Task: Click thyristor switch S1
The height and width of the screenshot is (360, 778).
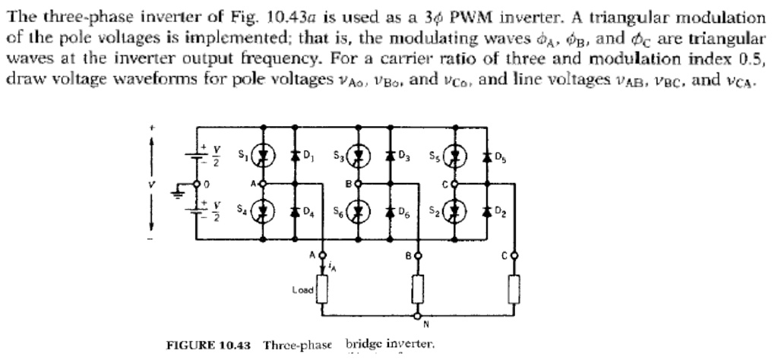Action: coord(264,159)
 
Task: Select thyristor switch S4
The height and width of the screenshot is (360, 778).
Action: coord(264,210)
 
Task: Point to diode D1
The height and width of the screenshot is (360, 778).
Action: coord(294,159)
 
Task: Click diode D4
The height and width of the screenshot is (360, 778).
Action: coord(294,210)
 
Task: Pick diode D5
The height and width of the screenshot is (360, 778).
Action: coord(485,159)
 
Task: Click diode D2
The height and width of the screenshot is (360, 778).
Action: coord(485,210)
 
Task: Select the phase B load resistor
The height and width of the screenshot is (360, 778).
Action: coord(417,289)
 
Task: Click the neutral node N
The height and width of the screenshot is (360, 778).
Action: coord(417,314)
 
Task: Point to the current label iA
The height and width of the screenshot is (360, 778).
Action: coord(331,265)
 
